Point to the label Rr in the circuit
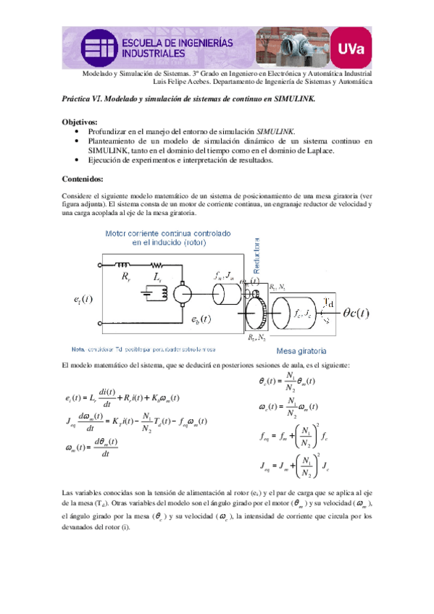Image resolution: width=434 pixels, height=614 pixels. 126,277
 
